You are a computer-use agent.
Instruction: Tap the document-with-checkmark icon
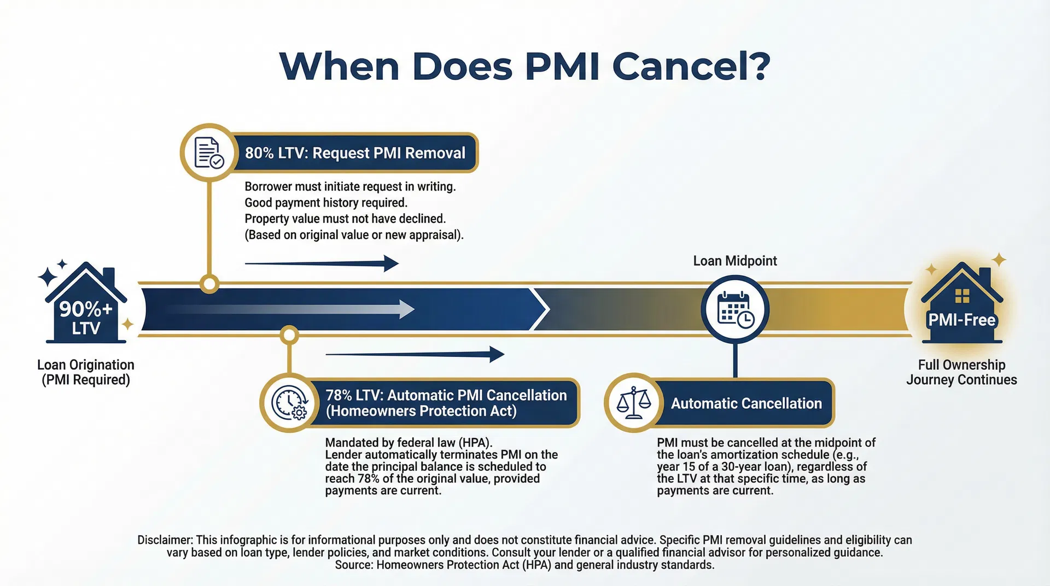click(x=209, y=153)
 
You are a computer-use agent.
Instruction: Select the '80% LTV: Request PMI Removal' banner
click(x=355, y=153)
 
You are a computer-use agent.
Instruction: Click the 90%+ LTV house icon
click(x=86, y=306)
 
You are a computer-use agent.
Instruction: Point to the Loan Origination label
click(x=86, y=372)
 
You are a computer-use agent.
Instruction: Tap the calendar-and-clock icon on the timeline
click(x=735, y=309)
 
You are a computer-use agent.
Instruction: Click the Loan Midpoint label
click(x=734, y=261)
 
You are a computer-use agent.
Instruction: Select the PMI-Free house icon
click(x=961, y=306)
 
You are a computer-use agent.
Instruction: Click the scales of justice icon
click(x=634, y=403)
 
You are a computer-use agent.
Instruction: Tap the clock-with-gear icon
click(x=289, y=403)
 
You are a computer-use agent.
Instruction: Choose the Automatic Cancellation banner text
click(x=746, y=403)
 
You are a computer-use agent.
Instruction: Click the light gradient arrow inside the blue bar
click(x=290, y=309)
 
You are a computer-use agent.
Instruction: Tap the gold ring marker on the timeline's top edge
click(x=209, y=284)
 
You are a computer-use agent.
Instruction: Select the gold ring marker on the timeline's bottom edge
click(x=289, y=335)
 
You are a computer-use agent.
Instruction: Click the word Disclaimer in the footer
click(x=164, y=540)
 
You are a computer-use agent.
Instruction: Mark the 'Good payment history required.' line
click(x=326, y=203)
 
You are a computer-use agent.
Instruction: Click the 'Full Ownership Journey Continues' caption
click(x=961, y=372)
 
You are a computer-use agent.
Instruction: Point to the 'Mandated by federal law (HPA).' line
click(x=409, y=442)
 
